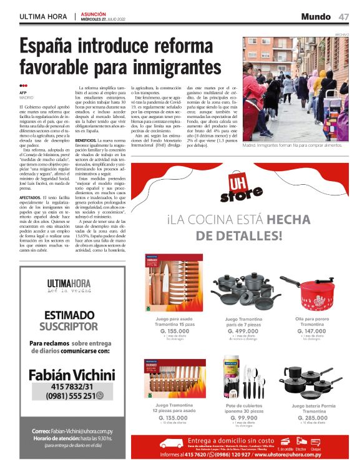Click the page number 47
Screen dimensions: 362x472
point(344,16)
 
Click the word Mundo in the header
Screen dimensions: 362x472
point(316,16)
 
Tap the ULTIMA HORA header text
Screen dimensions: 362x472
point(44,17)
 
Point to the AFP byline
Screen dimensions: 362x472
point(23,92)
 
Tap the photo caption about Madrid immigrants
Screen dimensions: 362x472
point(292,144)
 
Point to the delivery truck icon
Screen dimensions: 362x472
point(172,445)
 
